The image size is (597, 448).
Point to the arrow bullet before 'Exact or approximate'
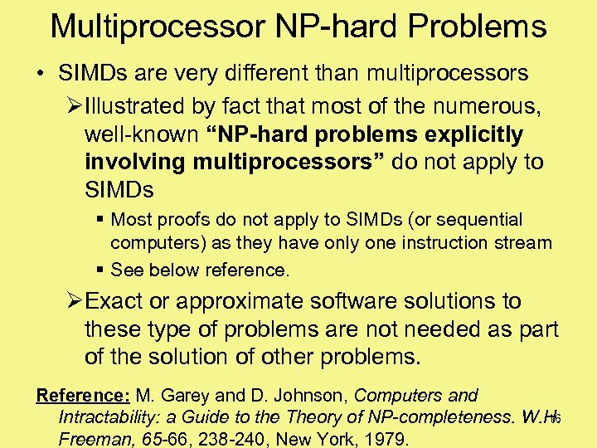coord(73,301)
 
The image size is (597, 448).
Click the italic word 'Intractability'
coord(109,416)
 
